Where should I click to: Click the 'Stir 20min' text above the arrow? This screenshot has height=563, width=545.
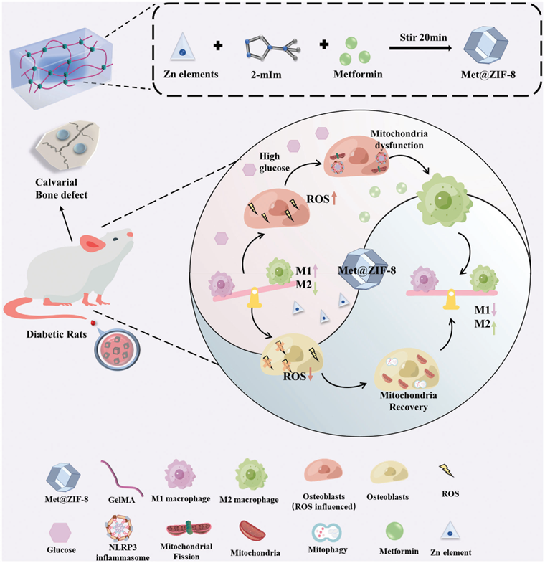[x=425, y=32]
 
